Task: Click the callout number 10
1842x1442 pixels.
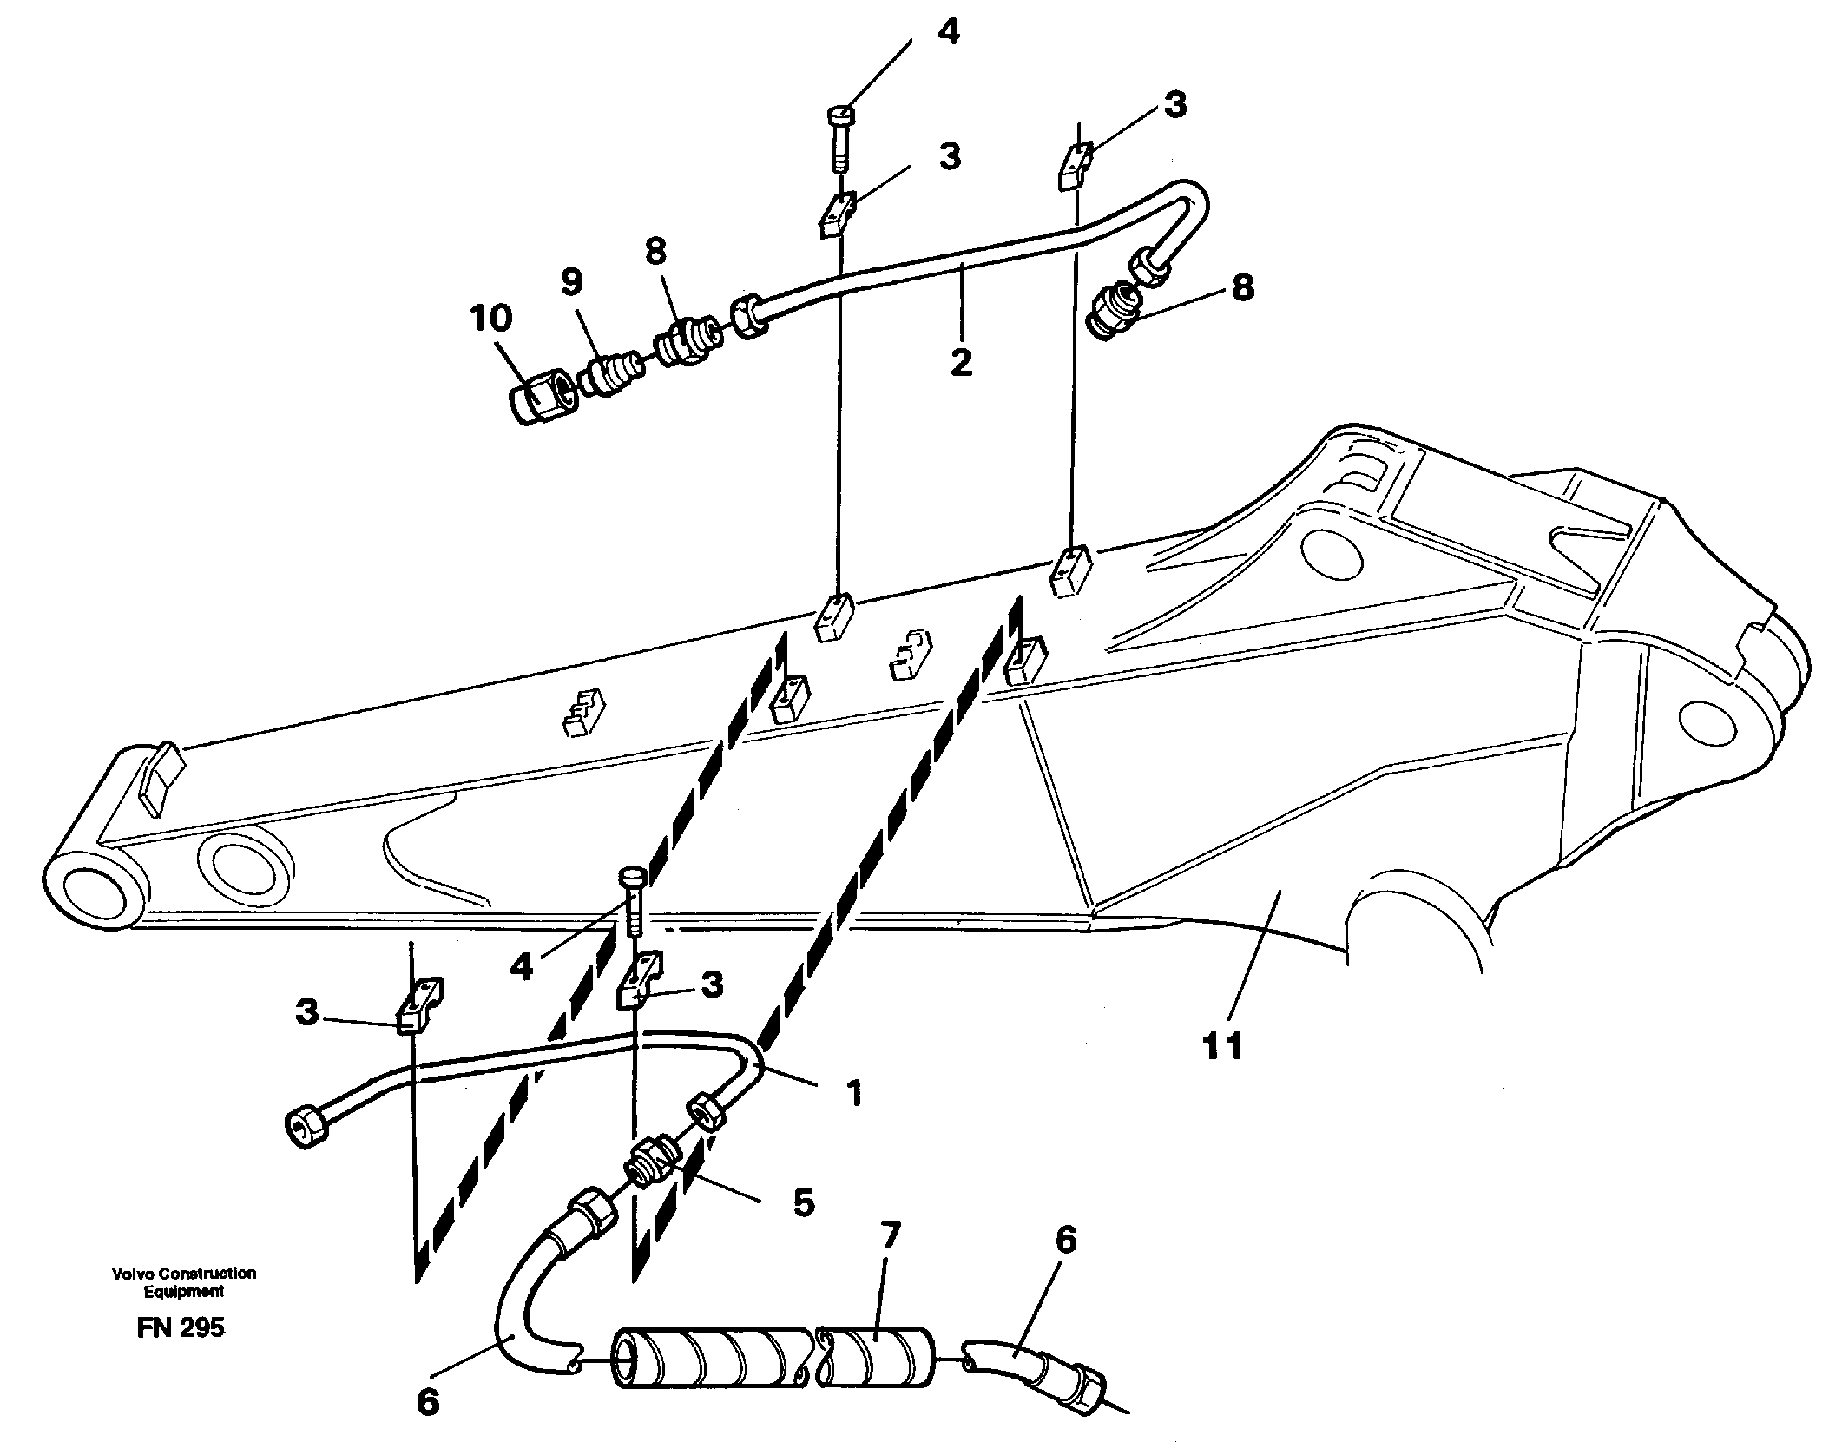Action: pyautogui.click(x=491, y=319)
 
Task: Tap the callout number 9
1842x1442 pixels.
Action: pyautogui.click(x=571, y=281)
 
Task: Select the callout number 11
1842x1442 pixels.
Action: pyautogui.click(x=1223, y=1046)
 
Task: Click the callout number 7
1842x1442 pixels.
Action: pyautogui.click(x=891, y=1234)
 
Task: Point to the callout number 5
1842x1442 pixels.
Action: pyautogui.click(x=803, y=1203)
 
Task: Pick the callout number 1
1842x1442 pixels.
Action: pyautogui.click(x=854, y=1093)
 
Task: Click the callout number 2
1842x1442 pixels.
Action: pyautogui.click(x=961, y=362)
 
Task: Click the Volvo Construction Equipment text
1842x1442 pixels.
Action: pyautogui.click(x=183, y=1281)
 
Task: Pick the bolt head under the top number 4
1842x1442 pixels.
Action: pyautogui.click(x=841, y=115)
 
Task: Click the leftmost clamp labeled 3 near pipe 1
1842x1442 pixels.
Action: pyautogui.click(x=419, y=1006)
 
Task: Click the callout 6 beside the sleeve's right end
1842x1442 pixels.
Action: pyautogui.click(x=1065, y=1240)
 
